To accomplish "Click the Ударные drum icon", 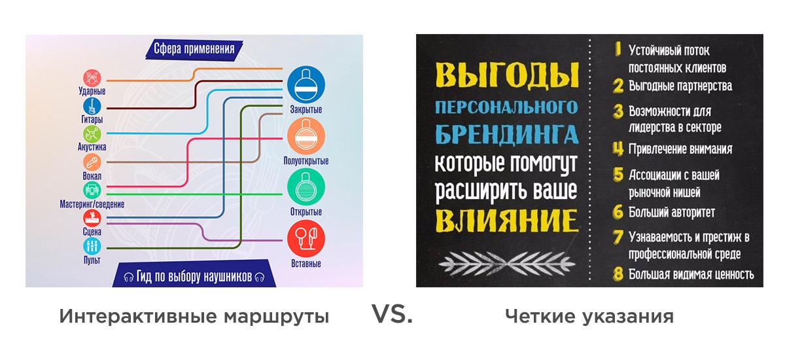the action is [x=92, y=78].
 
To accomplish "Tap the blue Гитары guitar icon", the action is [x=92, y=106].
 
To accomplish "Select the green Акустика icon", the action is [x=92, y=134].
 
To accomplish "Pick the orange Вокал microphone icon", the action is [x=92, y=162].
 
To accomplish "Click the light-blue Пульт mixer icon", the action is [x=92, y=246].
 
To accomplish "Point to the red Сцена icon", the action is [x=92, y=218].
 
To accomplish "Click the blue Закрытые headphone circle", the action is [x=306, y=84].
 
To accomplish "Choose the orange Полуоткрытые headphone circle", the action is [x=306, y=136].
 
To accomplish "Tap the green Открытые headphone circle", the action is [x=306, y=187].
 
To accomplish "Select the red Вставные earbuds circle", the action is [x=306, y=239].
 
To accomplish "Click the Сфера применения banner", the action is [x=194, y=49].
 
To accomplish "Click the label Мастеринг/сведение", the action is [x=92, y=204].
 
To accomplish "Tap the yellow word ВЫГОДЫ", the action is [x=507, y=75].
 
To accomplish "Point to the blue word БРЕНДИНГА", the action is [x=507, y=134].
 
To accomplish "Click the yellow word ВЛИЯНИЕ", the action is [x=506, y=221].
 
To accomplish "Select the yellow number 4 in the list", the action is [x=618, y=149].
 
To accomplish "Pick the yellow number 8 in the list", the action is [x=618, y=274].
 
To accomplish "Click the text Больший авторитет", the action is [x=671, y=213].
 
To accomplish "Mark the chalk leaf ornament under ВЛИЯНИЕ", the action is [x=507, y=264].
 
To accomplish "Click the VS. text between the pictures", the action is [x=392, y=314].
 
